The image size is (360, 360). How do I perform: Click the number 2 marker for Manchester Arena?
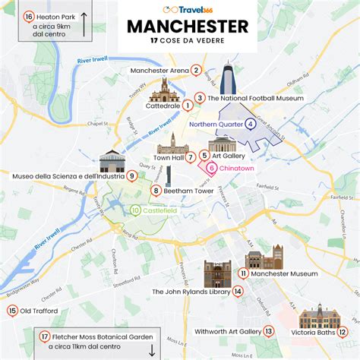196,71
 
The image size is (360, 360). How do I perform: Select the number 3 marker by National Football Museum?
199,97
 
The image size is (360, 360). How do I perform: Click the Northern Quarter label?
216,124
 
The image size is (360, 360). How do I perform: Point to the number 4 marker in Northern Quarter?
251,124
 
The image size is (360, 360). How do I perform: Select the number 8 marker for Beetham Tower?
155,191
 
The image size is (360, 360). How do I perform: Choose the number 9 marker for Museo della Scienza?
132,175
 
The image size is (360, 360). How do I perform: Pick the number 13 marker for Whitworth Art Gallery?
268,331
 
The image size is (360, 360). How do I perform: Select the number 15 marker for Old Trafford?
11,311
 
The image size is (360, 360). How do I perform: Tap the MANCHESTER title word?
187,27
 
